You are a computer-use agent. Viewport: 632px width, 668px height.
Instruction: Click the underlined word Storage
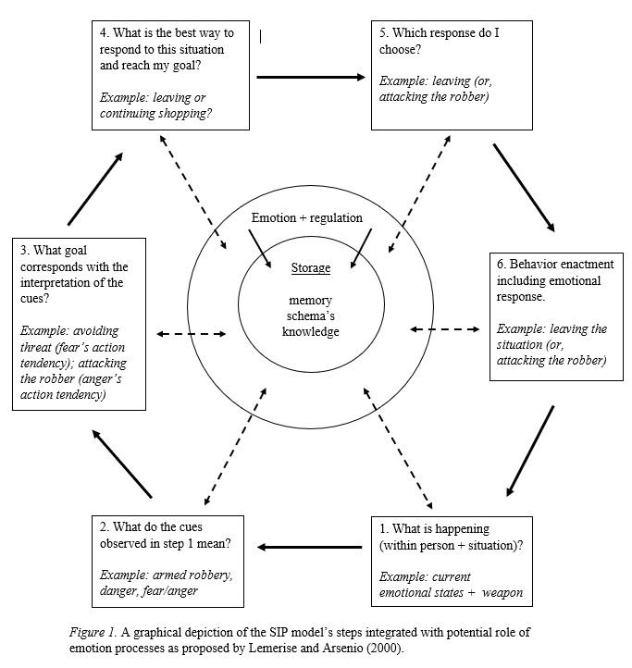click(x=310, y=268)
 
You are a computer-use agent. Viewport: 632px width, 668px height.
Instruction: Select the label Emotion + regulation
click(x=307, y=218)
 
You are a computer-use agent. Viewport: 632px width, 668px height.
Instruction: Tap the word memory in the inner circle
click(x=310, y=302)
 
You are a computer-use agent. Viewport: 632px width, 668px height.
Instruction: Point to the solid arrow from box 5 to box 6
click(x=523, y=186)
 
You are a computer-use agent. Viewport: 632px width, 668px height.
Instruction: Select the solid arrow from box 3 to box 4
click(x=95, y=189)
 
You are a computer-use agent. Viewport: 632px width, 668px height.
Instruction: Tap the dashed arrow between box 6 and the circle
click(x=445, y=328)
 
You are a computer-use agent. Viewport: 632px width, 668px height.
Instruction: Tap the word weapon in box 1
click(x=503, y=592)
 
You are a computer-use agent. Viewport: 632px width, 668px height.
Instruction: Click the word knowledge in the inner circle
click(x=310, y=331)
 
